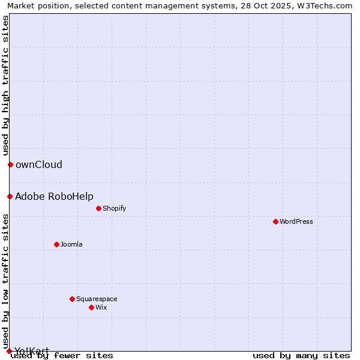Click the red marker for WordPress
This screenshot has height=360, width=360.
point(275,221)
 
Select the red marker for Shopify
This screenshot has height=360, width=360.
point(98,208)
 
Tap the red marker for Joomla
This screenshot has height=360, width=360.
point(56,244)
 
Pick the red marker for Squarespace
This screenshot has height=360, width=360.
point(72,299)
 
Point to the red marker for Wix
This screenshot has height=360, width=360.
point(91,307)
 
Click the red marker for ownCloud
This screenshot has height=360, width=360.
point(10,164)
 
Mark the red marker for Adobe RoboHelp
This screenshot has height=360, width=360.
point(10,196)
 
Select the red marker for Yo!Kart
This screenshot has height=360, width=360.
point(9,351)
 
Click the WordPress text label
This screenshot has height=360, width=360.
point(296,221)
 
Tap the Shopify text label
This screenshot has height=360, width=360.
point(114,208)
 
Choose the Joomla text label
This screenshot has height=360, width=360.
point(71,244)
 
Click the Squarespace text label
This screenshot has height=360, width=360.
point(97,299)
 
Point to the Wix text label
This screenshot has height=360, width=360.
point(101,307)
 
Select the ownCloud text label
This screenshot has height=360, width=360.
point(38,164)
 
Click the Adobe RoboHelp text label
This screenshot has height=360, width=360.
point(54,196)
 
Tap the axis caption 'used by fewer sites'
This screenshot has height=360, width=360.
point(62,355)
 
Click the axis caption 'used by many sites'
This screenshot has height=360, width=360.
point(301,355)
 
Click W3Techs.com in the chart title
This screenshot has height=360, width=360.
point(329,5)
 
